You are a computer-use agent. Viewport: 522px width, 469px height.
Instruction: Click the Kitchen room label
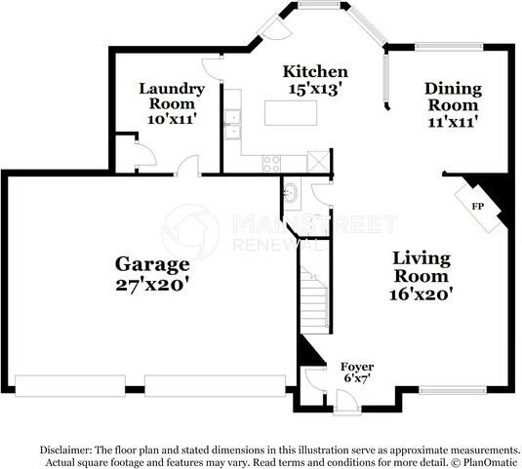(x=315, y=71)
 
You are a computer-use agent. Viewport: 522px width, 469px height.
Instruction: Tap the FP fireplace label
(x=478, y=207)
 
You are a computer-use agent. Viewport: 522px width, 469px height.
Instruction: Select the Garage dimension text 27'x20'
(x=152, y=285)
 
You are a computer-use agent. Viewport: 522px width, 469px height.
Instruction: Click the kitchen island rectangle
(x=291, y=113)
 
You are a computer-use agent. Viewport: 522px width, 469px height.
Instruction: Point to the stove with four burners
(x=271, y=164)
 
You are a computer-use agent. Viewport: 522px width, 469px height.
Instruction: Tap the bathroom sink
(x=291, y=192)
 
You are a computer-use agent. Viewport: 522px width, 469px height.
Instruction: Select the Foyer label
(x=357, y=367)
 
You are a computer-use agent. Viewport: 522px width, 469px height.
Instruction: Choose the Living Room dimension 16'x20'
(x=422, y=294)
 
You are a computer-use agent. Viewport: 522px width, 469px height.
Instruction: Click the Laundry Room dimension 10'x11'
(x=171, y=119)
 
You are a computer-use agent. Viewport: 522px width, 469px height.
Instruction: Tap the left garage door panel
(x=70, y=386)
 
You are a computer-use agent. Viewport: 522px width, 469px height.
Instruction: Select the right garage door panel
(x=215, y=386)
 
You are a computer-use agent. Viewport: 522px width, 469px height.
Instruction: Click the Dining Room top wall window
(x=449, y=47)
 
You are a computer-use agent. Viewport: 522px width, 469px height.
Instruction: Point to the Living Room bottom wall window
(x=453, y=390)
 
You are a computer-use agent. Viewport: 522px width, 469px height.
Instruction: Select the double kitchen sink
(x=232, y=125)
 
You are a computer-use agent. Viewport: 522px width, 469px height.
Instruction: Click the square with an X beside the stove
(x=318, y=161)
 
